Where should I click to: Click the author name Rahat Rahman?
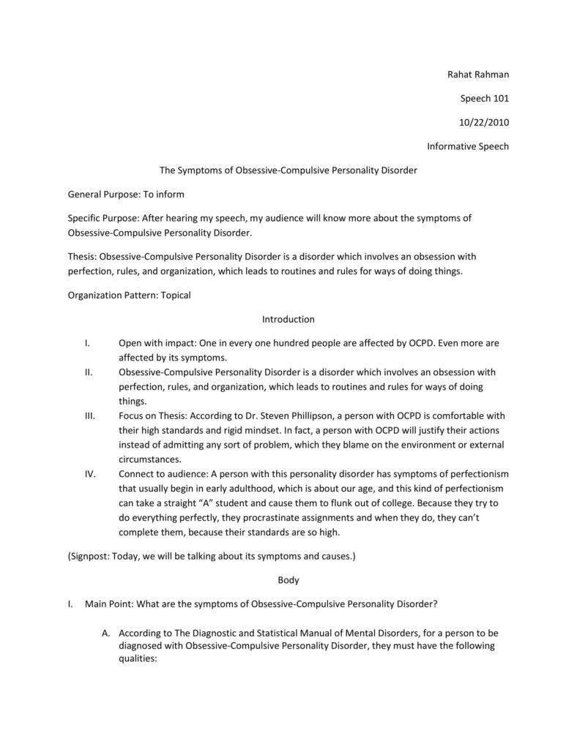point(477,74)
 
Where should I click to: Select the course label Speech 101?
point(484,98)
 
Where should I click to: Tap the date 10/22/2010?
point(484,122)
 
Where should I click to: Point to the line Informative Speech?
point(467,146)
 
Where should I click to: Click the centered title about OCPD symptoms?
point(288,170)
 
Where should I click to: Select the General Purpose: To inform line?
point(126,195)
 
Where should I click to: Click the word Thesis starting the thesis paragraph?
point(81,257)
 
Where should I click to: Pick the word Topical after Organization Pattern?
point(175,295)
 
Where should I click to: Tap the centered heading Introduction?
point(288,319)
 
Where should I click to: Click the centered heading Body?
point(288,580)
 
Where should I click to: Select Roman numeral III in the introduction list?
point(90,415)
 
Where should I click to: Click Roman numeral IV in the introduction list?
point(91,474)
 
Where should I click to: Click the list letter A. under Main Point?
point(106,633)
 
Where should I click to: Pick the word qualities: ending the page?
point(138,658)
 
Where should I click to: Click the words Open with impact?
point(151,343)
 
